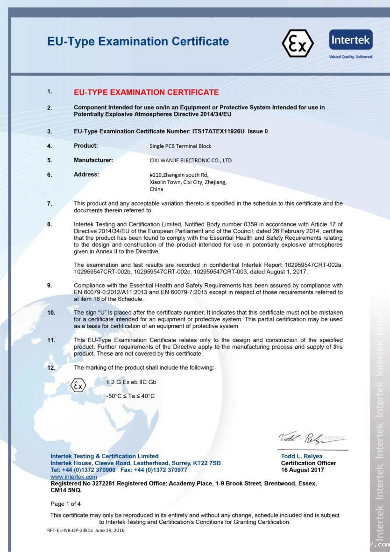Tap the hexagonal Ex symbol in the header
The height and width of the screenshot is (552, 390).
pos(298,43)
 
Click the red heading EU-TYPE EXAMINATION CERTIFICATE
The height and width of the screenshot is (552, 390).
pos(146,92)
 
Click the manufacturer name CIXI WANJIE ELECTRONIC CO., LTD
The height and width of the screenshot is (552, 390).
pos(191,160)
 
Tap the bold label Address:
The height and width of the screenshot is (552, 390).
pos(86,174)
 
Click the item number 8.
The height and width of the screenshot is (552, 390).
pos(50,224)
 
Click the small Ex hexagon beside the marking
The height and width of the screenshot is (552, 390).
pos(78,386)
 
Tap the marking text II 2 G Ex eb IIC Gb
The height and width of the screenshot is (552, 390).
pos(131,382)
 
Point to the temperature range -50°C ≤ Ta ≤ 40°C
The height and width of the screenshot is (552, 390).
pos(131,396)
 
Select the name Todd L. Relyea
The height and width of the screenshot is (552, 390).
pos(301,456)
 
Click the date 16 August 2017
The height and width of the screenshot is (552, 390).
pos(302,470)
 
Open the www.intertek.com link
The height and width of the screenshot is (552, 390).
pos(74,477)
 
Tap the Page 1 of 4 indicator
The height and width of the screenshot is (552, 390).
pos(66,504)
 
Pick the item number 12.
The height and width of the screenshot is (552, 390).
pos(51,367)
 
